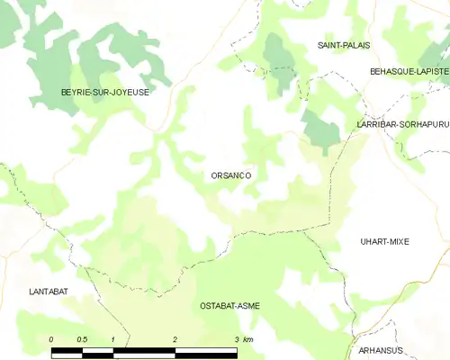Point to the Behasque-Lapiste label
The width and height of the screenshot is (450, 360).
tap(409, 70)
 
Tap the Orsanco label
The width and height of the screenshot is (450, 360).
tap(230, 176)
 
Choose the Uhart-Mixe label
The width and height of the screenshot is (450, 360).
tap(384, 241)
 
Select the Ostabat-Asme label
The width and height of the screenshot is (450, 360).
tap(229, 306)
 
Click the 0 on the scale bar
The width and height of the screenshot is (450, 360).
tap(51, 338)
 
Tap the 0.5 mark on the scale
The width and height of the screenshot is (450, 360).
tap(82, 338)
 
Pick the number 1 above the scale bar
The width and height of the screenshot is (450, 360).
tap(112, 338)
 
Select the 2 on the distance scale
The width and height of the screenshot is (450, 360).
tap(175, 338)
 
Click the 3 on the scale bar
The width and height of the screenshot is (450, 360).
tap(236, 338)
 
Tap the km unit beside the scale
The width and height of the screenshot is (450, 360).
tap(248, 338)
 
